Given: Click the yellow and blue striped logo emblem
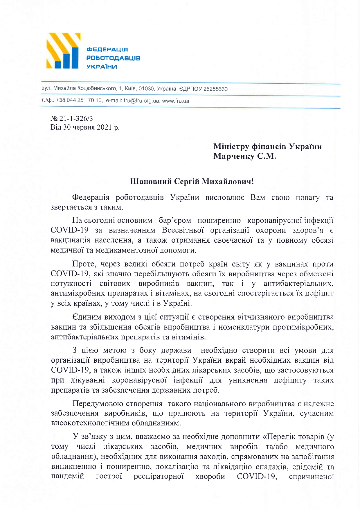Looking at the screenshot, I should coord(63,51).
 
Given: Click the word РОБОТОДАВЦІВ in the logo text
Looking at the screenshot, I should coord(113,58).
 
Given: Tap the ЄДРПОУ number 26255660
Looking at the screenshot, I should coord(215,89).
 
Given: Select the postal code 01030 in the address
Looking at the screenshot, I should coord(146,89).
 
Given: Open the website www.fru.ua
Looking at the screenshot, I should coord(175,101).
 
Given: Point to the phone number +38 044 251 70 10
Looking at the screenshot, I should coord(79,101).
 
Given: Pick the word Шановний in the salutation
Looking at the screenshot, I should coord(150,182).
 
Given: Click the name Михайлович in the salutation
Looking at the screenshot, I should coord(228,182).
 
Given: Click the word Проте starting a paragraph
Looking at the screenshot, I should coord(83,264).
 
